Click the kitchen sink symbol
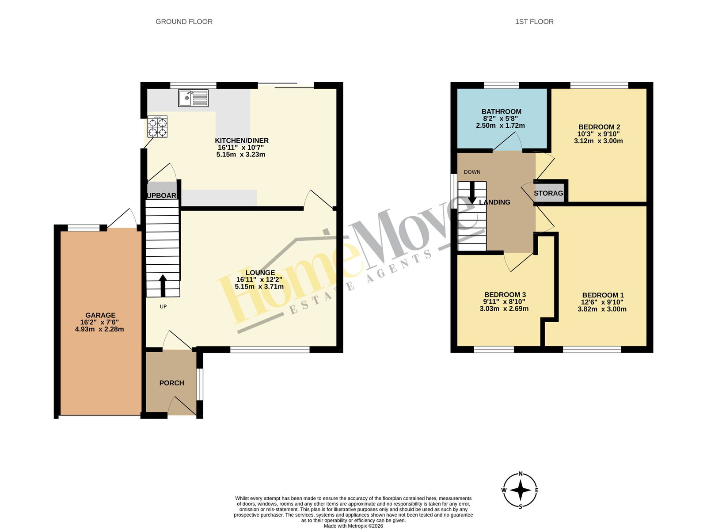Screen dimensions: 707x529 193,98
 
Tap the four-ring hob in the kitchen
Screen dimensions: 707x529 157,126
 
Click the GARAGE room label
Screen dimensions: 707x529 100,315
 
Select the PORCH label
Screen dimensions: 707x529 172,383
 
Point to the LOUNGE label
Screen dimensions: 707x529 260,273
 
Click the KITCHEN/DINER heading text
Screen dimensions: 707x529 242,141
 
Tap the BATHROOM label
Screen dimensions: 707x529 501,111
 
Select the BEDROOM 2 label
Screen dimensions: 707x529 599,127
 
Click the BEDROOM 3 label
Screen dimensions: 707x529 505,294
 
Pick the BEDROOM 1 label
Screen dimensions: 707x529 603,295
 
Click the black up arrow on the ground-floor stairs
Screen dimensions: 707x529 163,285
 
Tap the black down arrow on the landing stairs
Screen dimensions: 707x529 472,193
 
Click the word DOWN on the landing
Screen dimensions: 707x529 472,172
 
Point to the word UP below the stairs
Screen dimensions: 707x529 163,306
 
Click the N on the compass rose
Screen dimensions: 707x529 521,474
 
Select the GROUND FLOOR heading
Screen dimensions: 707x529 184,22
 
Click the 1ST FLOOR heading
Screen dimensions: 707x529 534,22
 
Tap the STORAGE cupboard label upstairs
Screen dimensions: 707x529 548,193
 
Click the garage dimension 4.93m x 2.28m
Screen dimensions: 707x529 99,329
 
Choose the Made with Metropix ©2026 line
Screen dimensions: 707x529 353,526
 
